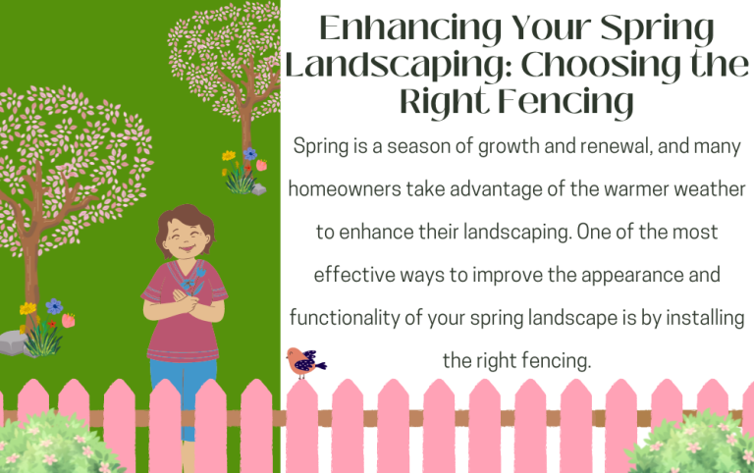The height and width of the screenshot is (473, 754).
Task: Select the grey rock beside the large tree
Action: coord(12,342)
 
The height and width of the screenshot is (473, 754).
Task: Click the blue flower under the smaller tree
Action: coord(249,154)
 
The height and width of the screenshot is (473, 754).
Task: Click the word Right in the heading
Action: coord(444,101)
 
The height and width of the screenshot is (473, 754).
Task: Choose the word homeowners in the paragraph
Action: coord(349,186)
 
